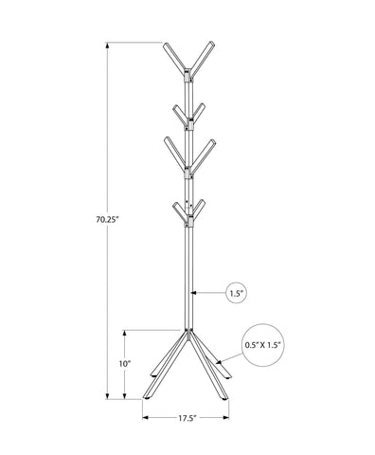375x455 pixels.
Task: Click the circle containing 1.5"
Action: pyautogui.click(x=237, y=294)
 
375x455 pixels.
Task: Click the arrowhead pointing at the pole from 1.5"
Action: pyautogui.click(x=195, y=293)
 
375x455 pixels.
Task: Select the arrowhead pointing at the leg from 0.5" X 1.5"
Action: pyautogui.click(x=217, y=361)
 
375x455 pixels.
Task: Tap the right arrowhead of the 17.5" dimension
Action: pyautogui.click(x=228, y=417)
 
